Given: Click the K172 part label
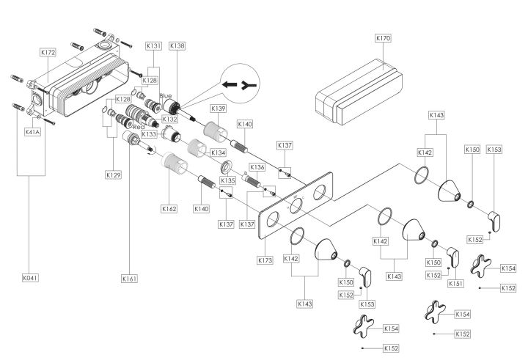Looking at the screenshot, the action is click(x=48, y=52).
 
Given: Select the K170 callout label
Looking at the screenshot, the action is click(x=384, y=38).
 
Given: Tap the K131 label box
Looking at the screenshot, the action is click(x=153, y=45).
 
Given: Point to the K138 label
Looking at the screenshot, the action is click(x=177, y=45).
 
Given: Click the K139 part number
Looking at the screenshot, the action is click(x=219, y=109).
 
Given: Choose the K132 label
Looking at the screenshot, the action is click(x=169, y=120).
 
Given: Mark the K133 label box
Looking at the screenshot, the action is click(x=149, y=134).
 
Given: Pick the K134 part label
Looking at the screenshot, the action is click(x=219, y=153).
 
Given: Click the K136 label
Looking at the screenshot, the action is click(x=257, y=167).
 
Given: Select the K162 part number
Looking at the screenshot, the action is click(x=169, y=209).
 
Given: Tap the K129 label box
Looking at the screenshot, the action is click(x=113, y=175).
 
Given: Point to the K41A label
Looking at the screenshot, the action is click(x=33, y=132).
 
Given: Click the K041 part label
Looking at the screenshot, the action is click(x=30, y=278).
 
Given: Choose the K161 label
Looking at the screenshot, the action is click(x=130, y=279).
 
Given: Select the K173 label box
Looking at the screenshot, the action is click(x=265, y=260).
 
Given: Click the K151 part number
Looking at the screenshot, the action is click(x=455, y=284).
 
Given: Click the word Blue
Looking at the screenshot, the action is click(x=166, y=96).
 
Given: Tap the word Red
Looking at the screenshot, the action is click(x=139, y=127).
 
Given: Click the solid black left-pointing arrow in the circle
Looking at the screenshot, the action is click(x=230, y=84).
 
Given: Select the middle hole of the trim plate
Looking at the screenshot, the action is click(x=296, y=205).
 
